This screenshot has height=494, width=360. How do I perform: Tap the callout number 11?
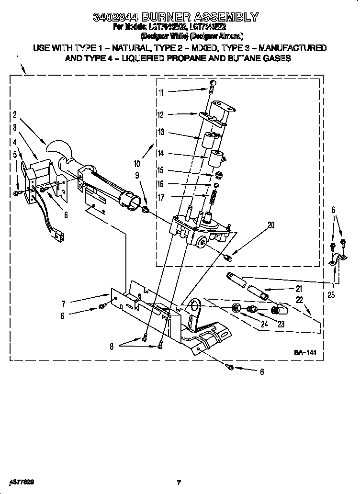click(x=161, y=92)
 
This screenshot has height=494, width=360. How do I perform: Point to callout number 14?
click(x=161, y=153)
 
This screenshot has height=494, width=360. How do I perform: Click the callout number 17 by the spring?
click(x=161, y=197)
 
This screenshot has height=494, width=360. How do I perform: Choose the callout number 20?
click(x=271, y=225)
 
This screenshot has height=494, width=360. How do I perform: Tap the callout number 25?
click(x=331, y=295)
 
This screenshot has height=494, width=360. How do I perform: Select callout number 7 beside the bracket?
click(x=63, y=303)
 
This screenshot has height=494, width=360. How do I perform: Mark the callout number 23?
click(x=281, y=324)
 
